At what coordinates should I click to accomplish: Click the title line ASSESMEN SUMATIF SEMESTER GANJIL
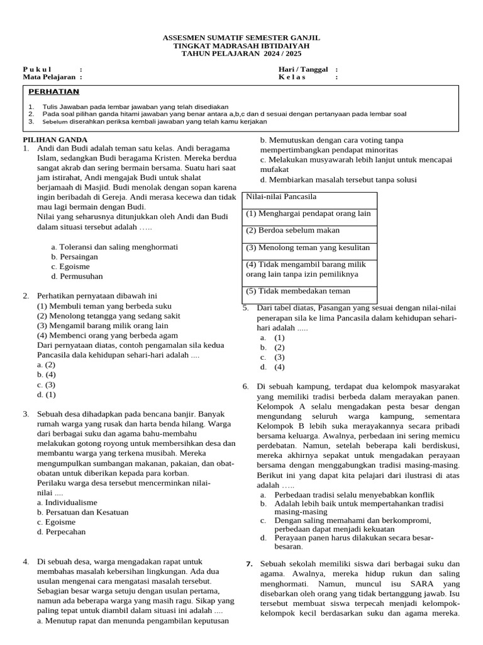click(241, 38)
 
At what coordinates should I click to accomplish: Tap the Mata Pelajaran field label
click(50, 77)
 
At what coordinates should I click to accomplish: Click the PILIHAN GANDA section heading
click(55, 139)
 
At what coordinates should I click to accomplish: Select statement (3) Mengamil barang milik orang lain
click(103, 326)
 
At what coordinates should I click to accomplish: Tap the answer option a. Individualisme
click(67, 502)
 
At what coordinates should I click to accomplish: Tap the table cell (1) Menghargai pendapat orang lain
click(308, 214)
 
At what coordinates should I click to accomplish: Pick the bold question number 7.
click(249, 563)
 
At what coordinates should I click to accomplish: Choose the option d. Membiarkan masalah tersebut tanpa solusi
click(338, 180)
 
